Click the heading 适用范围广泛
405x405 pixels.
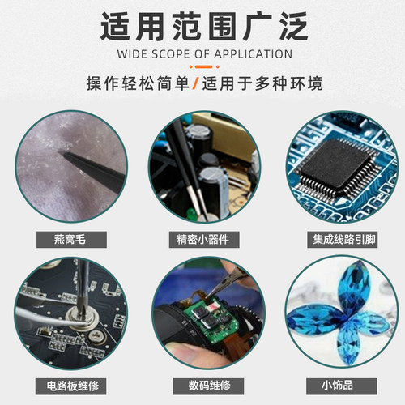pyautogui.click(x=202, y=26)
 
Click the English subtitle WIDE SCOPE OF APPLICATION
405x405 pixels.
pyautogui.click(x=202, y=55)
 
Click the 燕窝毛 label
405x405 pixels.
pyautogui.click(x=67, y=239)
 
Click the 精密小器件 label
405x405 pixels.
pyautogui.click(x=202, y=239)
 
